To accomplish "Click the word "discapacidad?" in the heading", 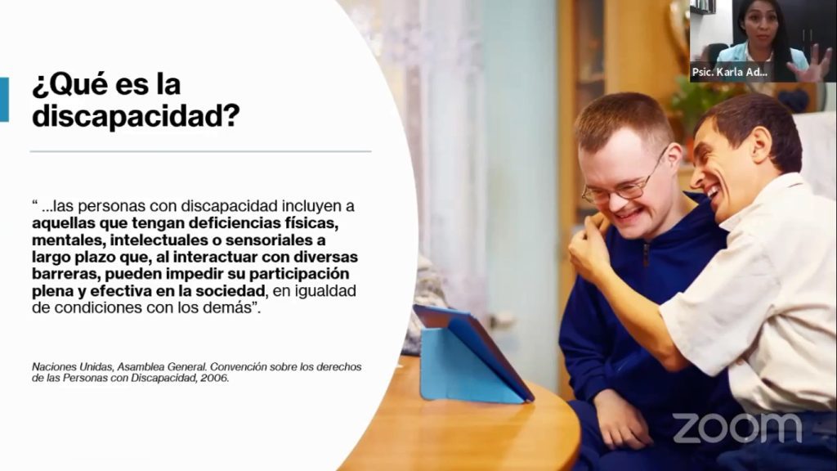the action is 136,115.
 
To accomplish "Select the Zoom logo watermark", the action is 737,428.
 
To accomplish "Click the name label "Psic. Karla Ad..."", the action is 730,72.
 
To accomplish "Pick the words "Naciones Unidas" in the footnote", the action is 71,367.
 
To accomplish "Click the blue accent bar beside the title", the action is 4,100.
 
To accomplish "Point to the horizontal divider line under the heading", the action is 201,151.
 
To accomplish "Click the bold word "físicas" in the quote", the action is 312,222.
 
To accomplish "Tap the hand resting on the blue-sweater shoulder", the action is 589,240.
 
